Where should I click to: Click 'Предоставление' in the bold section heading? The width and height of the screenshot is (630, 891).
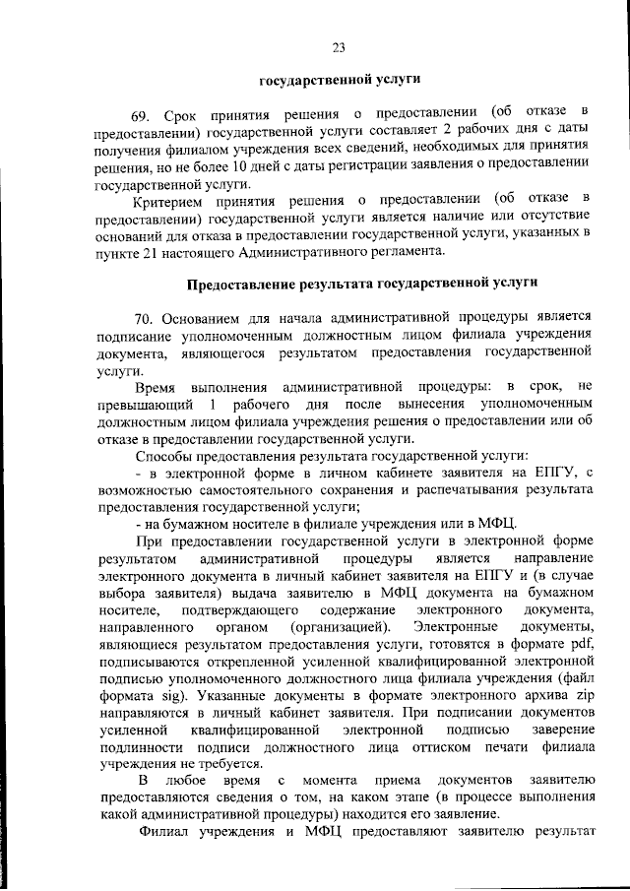click(242, 285)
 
